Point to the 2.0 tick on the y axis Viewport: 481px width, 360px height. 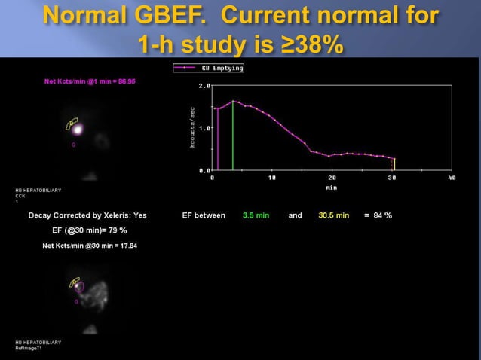click(204, 86)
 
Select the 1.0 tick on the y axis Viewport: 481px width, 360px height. click(204, 128)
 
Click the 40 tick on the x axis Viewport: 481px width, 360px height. click(451, 178)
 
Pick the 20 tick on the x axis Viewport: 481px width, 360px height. click(332, 178)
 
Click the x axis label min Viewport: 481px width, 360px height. click(331, 186)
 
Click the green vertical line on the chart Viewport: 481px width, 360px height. click(234, 136)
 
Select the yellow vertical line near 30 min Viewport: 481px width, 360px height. click(394, 164)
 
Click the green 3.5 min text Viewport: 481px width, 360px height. click(256, 215)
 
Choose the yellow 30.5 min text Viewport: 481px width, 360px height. click(332, 215)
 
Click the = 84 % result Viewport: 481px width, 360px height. click(378, 215)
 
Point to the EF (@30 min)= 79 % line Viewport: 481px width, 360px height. click(84, 230)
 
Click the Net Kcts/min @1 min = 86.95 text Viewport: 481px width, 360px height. click(89, 81)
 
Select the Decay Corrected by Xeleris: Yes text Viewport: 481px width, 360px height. click(87, 215)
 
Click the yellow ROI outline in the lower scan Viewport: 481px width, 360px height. click(75, 283)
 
